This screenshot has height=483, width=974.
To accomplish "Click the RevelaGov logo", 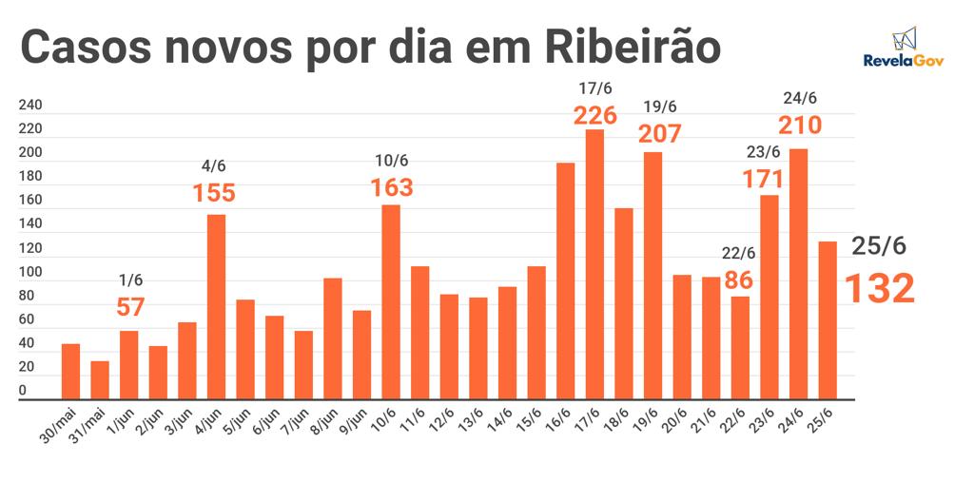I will click(903, 48).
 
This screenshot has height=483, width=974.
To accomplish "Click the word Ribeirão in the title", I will click(633, 47).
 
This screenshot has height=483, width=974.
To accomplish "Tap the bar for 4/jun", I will click(217, 305).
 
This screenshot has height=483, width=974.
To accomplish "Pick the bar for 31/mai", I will click(100, 379).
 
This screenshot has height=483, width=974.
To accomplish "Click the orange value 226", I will click(595, 116).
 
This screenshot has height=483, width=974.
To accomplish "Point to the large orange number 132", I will click(880, 288).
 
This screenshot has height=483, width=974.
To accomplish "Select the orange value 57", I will click(130, 307).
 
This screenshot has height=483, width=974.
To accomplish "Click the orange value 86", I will click(739, 281).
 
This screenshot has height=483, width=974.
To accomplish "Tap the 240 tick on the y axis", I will click(29, 105).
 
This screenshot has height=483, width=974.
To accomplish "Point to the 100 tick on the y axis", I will click(29, 272).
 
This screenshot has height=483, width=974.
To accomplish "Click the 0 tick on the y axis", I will click(23, 391).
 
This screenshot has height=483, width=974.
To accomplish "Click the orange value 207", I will click(661, 133).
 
